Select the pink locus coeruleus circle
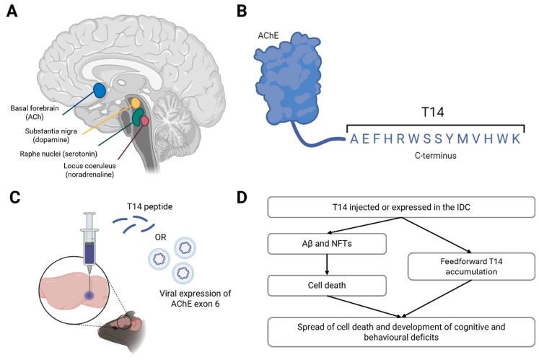pos(145,121)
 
